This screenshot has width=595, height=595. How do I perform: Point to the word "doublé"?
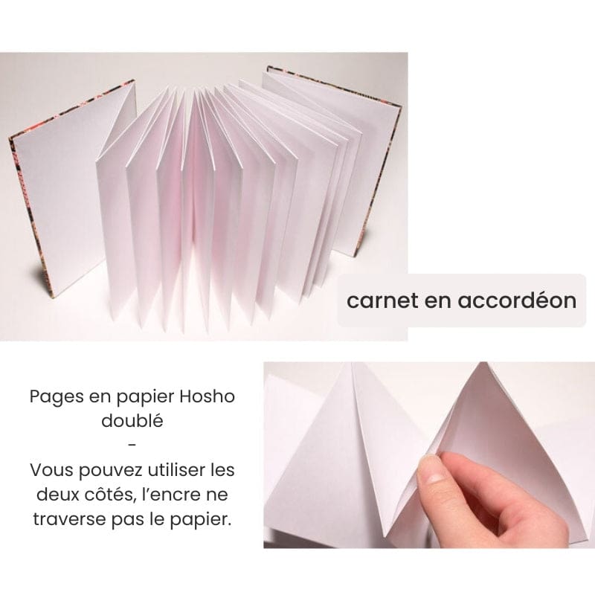(x=132, y=421)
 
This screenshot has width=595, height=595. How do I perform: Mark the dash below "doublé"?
(x=132, y=446)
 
